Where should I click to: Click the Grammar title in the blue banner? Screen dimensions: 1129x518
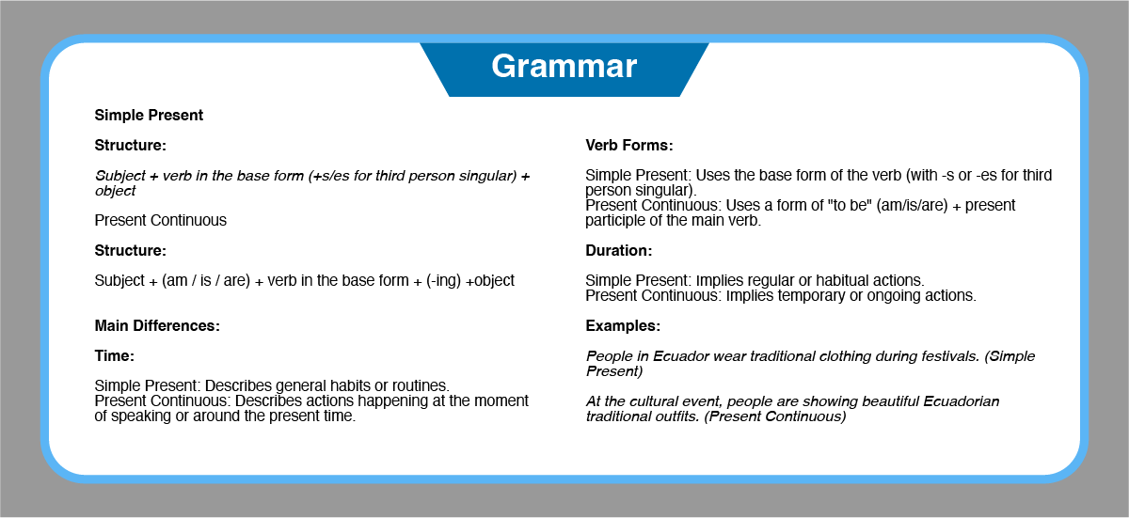564,67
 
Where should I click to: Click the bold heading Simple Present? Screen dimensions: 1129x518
149,116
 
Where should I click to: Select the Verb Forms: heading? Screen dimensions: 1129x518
629,146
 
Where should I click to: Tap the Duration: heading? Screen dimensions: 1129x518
618,251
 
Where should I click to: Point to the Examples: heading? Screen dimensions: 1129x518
623,326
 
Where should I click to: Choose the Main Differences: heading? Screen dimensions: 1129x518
157,326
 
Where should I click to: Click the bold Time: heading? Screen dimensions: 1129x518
115,356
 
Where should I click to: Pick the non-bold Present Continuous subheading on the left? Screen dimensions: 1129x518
160,221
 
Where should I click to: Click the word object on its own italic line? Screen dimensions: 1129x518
115,191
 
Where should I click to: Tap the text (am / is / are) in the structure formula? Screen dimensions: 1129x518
206,280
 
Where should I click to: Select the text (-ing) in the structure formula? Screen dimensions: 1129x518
443,280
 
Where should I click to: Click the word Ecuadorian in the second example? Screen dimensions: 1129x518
962,401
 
